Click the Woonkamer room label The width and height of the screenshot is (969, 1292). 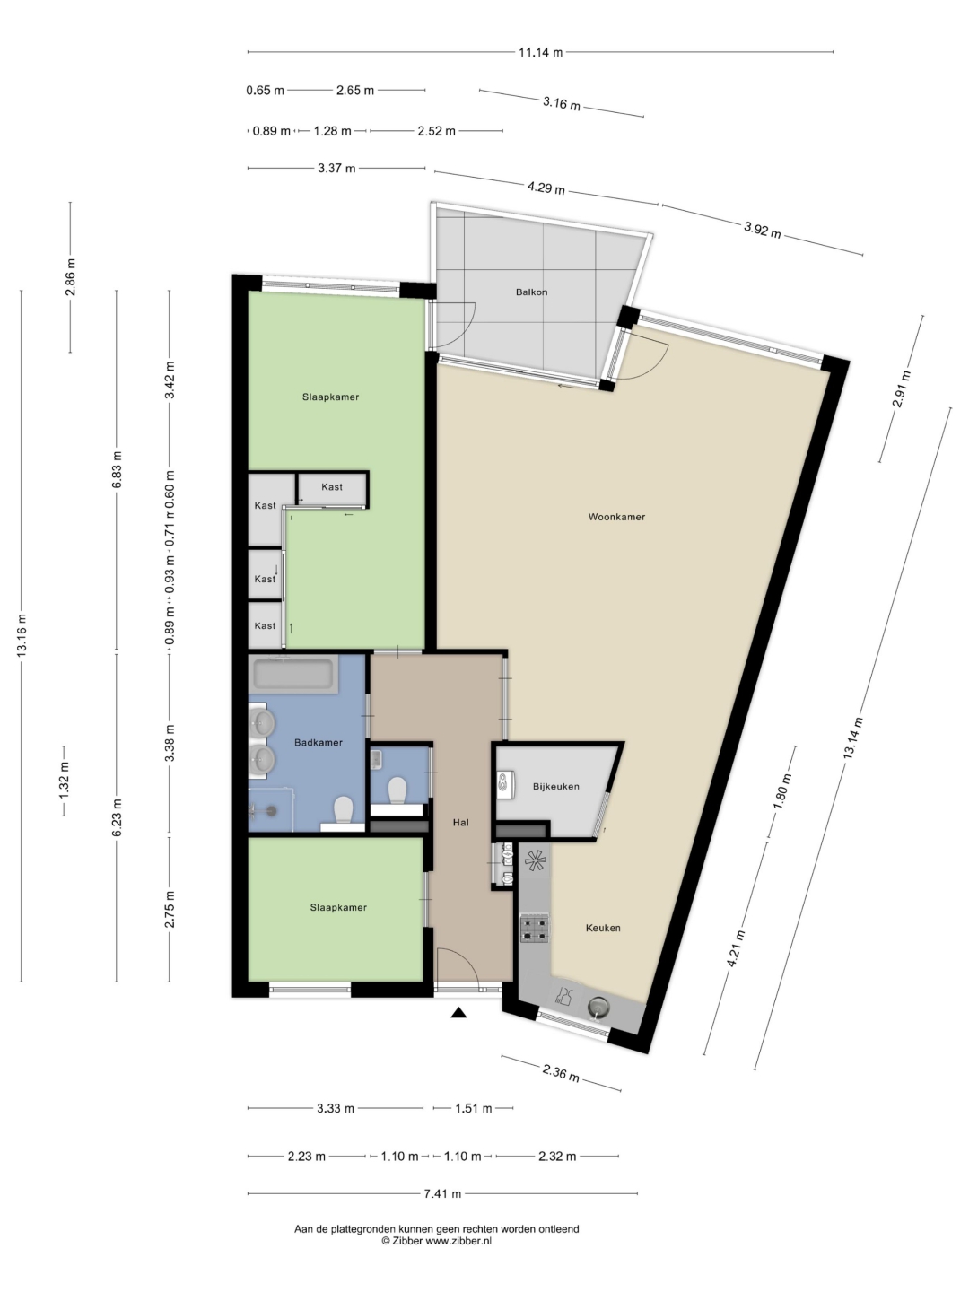pos(616,517)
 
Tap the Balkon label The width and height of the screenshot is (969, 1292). pos(532,292)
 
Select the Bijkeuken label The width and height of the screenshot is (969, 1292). pos(556,786)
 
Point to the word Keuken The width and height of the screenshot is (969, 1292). pos(603,928)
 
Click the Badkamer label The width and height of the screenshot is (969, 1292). pos(319,742)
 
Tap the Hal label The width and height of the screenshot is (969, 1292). pos(460,822)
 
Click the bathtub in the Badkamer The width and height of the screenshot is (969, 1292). pos(294,675)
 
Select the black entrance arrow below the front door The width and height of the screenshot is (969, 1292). pos(458,1012)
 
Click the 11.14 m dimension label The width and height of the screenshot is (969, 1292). pos(541,52)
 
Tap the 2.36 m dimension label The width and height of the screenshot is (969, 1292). pos(561,1074)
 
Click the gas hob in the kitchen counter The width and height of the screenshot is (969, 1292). pos(534,929)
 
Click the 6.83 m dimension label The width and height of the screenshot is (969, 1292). pos(117,469)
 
